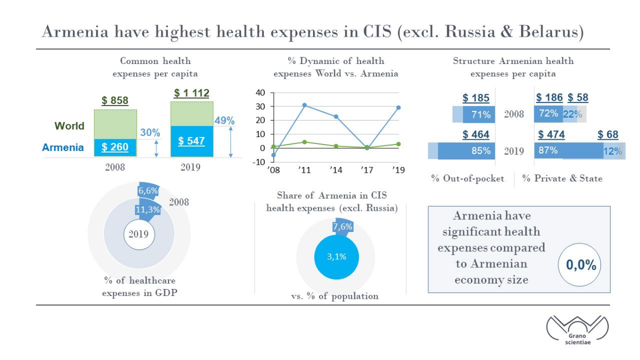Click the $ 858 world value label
[x=115, y=101]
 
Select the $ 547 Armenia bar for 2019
[x=192, y=141]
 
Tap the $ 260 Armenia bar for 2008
[x=115, y=148]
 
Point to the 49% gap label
[x=225, y=121]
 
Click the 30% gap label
[x=150, y=133]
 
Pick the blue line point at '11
[x=305, y=105]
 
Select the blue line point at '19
[x=398, y=108]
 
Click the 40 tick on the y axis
[x=260, y=93]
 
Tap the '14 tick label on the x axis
[x=335, y=170]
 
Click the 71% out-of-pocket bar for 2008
[x=479, y=115]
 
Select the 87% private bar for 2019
[x=569, y=150]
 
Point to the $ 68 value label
[x=608, y=134]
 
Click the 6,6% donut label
[x=148, y=190]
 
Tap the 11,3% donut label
[x=147, y=210]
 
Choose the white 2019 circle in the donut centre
[x=139, y=235]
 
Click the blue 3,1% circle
[x=337, y=257]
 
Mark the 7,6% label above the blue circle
[x=342, y=227]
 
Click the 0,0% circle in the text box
[x=580, y=265]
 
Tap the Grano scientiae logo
[x=578, y=330]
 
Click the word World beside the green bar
[x=69, y=126]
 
